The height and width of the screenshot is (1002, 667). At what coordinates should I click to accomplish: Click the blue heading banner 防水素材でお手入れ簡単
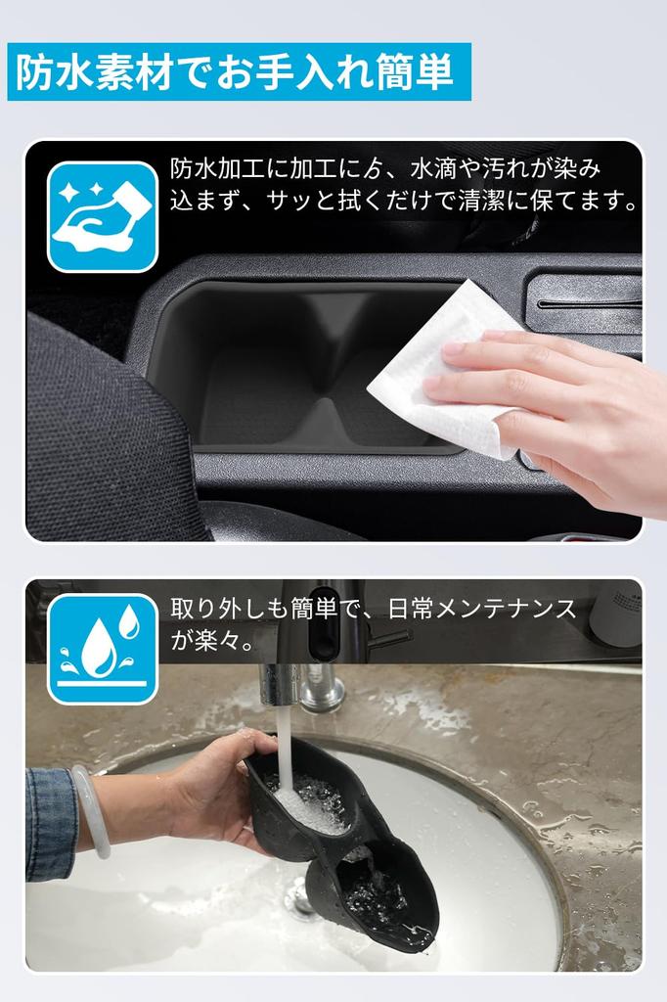(239, 71)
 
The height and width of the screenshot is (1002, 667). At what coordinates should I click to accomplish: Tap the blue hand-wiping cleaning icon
(102, 216)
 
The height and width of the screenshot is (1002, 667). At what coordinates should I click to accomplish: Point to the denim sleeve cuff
(49, 822)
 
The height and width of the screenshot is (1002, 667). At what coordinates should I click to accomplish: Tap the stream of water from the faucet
(285, 744)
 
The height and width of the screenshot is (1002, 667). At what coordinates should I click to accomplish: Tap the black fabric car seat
(98, 440)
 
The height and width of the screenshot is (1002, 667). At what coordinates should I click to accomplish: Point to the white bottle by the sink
(616, 616)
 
